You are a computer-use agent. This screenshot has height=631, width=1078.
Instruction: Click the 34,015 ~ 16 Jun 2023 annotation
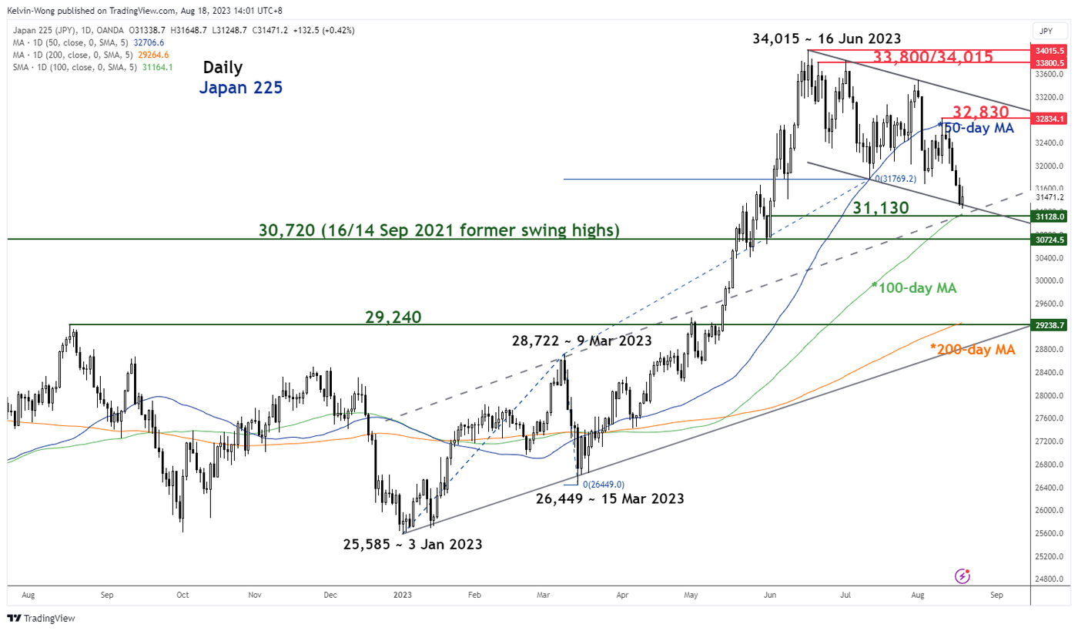[x=826, y=39]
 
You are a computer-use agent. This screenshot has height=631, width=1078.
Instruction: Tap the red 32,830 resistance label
[x=980, y=112]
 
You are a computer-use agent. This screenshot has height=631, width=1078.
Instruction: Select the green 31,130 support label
[x=881, y=207]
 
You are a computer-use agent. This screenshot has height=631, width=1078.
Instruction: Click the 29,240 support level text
[x=393, y=317]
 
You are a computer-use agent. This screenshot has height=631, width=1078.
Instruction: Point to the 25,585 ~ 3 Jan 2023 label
[x=413, y=544]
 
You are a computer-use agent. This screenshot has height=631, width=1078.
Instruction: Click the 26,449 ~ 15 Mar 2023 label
[x=610, y=498]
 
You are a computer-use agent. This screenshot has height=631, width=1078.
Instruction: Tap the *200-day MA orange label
[x=973, y=350]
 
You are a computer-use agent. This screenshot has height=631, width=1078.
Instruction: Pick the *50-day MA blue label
[x=976, y=128]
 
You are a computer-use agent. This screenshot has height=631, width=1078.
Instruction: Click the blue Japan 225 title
[x=240, y=88]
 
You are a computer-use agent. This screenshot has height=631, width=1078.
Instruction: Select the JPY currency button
[x=1045, y=31]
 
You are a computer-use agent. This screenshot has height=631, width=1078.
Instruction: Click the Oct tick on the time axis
[x=182, y=596]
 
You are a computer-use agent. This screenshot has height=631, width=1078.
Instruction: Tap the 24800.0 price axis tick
[x=1049, y=579]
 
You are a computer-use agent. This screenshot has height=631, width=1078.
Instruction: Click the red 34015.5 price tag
[x=1049, y=50]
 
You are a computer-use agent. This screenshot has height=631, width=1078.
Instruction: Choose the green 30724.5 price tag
[x=1049, y=240]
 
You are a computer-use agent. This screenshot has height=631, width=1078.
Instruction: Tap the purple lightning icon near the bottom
[x=962, y=576]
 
